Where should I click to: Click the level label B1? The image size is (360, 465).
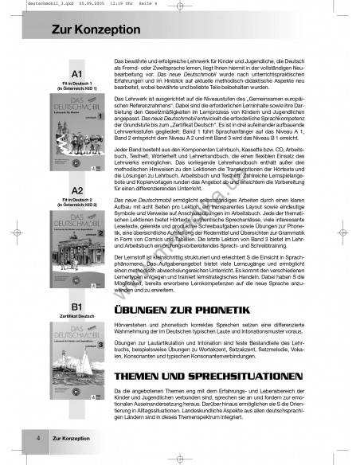click(78, 306)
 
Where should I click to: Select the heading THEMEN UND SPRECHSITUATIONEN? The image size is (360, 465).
click(190, 373)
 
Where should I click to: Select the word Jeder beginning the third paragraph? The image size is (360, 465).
click(122, 150)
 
